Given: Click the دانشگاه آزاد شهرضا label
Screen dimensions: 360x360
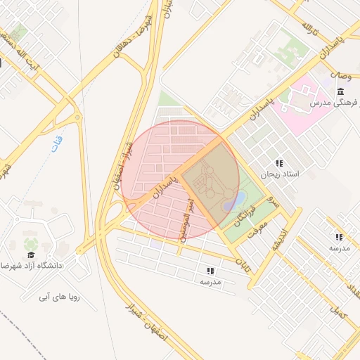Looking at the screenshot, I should coord(32,266).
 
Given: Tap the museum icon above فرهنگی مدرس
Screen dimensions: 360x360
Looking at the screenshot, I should coord(341,91).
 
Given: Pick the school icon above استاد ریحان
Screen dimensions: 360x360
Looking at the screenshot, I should coord(279,163).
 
